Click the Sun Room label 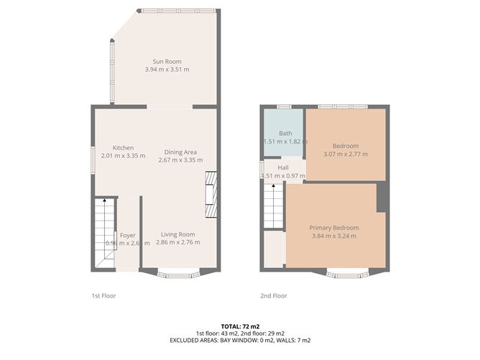[x=167, y=61]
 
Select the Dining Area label [x=180, y=152]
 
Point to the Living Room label [x=177, y=234]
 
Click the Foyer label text [x=128, y=235]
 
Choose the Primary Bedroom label [x=334, y=228]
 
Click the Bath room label [x=285, y=134]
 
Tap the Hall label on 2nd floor [x=283, y=167]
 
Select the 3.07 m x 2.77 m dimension [x=346, y=154]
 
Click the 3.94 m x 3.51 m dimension [x=167, y=70]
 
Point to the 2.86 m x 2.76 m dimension [x=177, y=243]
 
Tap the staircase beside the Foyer [x=105, y=234]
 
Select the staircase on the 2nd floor [x=274, y=205]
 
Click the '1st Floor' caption [x=103, y=295]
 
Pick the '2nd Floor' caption [x=273, y=295]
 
